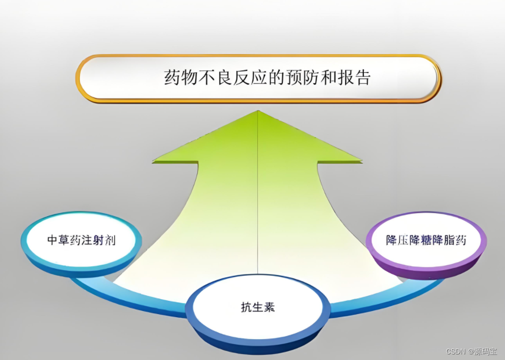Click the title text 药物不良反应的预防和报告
pyautogui.click(x=267, y=78)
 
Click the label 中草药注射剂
pyautogui.click(x=82, y=240)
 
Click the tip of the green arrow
pyautogui.click(x=258, y=112)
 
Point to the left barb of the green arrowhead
pyautogui.click(x=154, y=162)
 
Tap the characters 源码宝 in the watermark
pyautogui.click(x=486, y=352)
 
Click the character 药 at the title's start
pyautogui.click(x=172, y=78)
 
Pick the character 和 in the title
pyautogui.click(x=326, y=78)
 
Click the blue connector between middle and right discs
pyautogui.click(x=377, y=301)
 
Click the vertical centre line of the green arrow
pyautogui.click(x=258, y=204)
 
